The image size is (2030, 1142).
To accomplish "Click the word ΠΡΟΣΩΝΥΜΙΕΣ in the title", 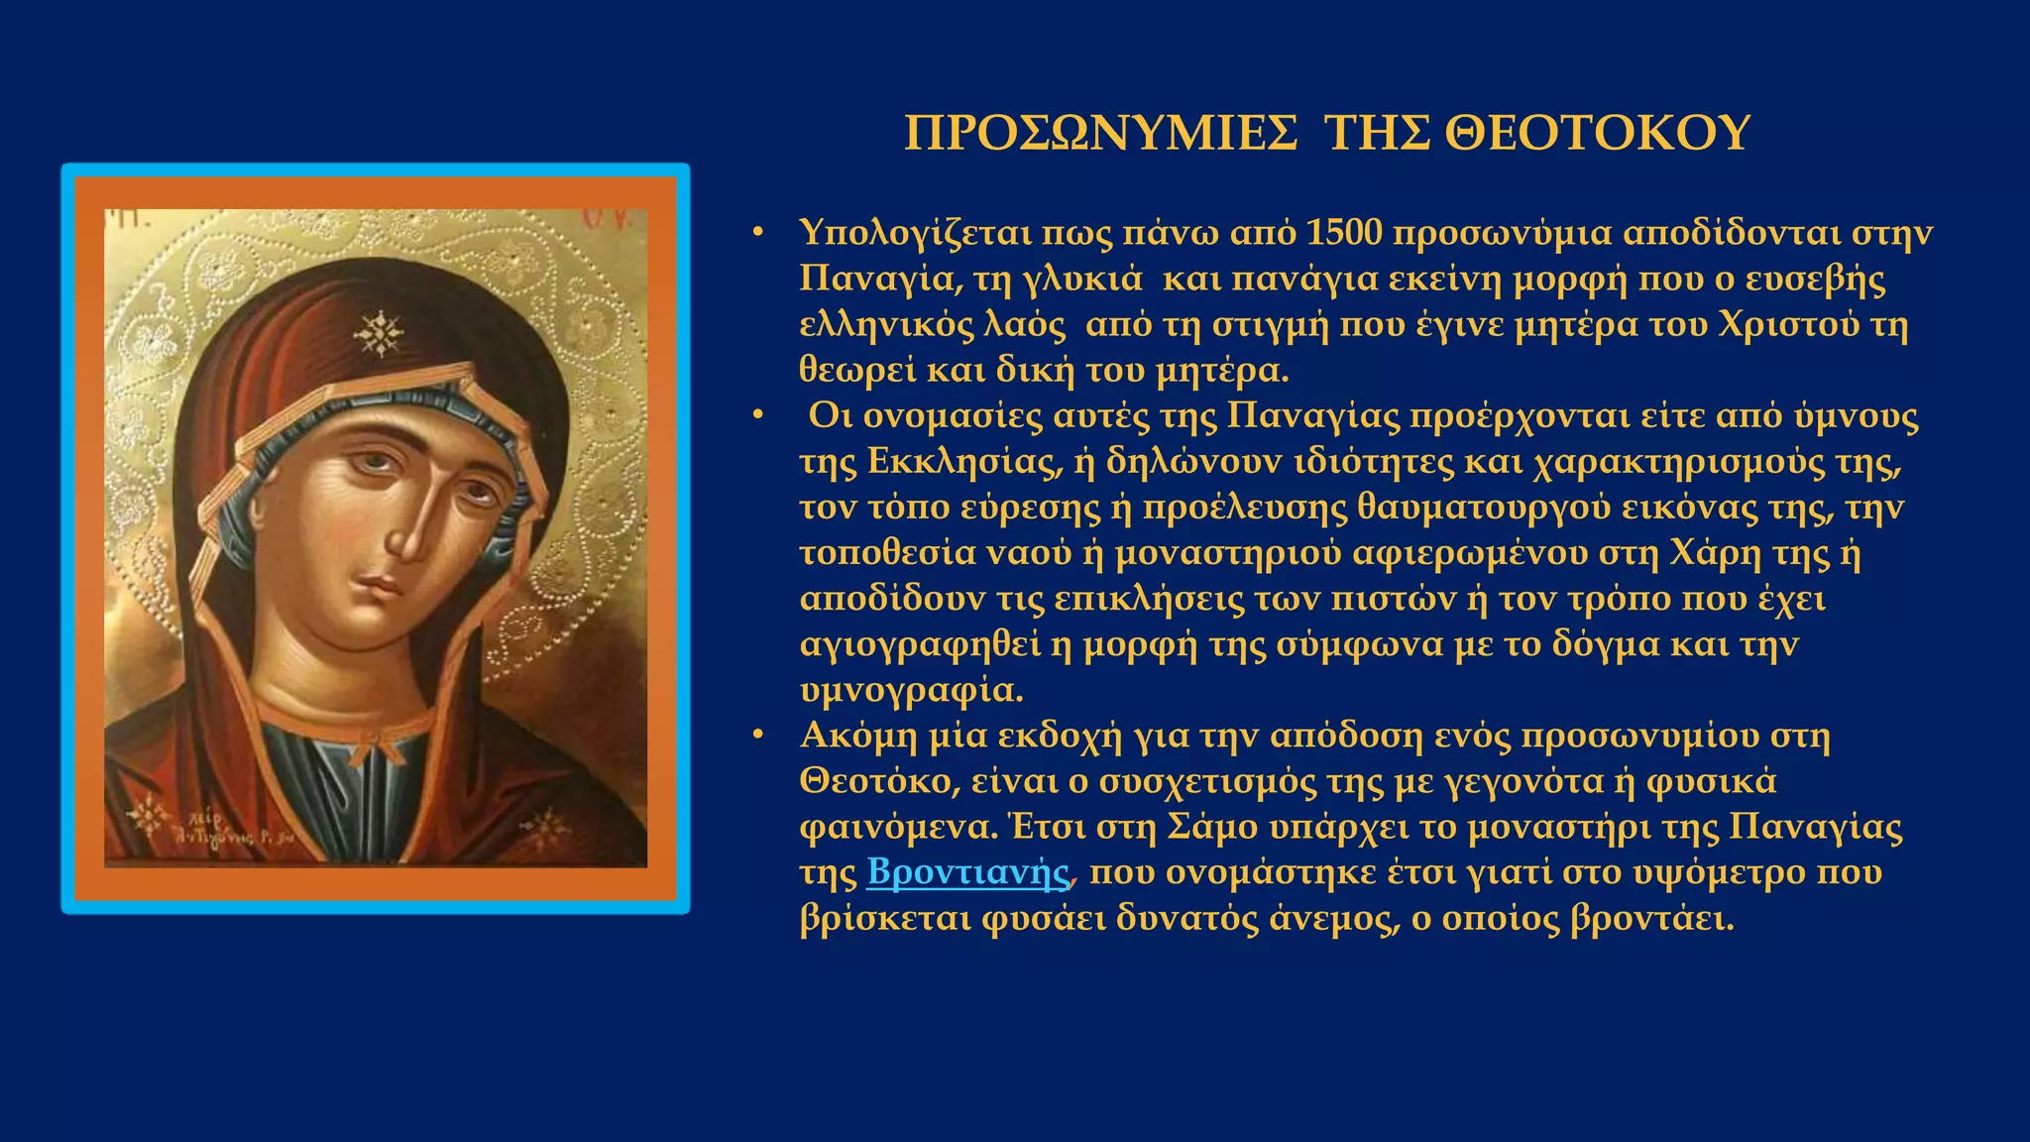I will click(x=1100, y=133).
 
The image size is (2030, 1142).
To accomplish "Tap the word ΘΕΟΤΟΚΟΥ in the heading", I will click(x=1597, y=133).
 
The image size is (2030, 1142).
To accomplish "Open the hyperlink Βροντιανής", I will click(x=968, y=872).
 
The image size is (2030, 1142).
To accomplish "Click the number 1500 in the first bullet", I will click(x=1343, y=233).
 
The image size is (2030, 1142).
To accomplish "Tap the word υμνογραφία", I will click(x=911, y=691).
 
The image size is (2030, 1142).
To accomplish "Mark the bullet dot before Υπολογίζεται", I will click(x=758, y=233).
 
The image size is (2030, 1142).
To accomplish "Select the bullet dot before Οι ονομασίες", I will click(x=758, y=415).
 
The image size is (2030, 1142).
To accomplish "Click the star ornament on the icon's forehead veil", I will click(x=379, y=333).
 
